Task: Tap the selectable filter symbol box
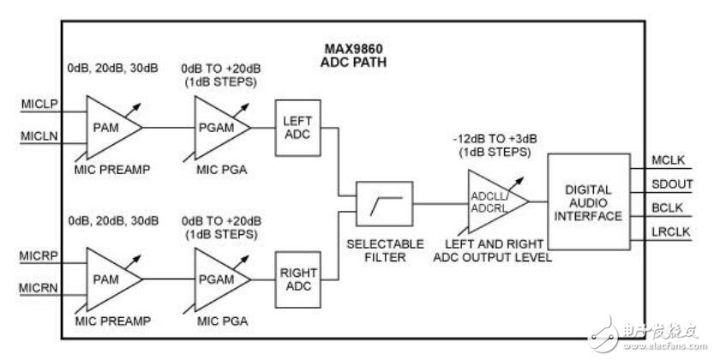click(385, 204)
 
